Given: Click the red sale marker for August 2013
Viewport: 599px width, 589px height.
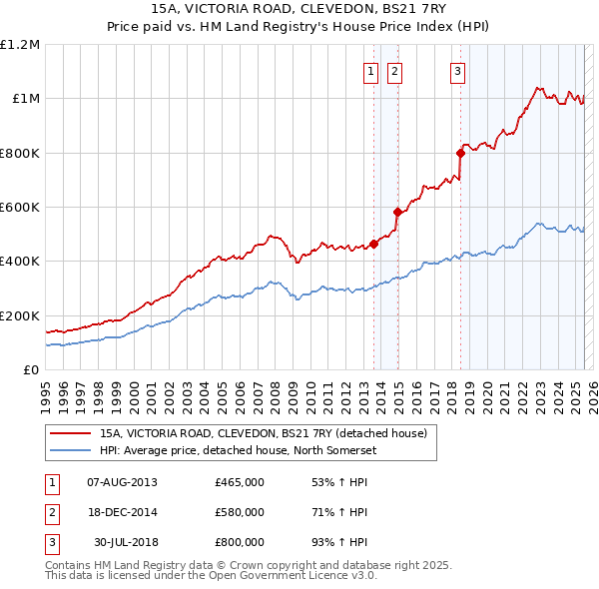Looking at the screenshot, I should click(373, 244).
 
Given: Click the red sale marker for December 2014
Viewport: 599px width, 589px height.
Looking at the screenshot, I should click(397, 212).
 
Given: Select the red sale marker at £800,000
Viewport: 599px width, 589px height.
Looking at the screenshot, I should click(461, 153).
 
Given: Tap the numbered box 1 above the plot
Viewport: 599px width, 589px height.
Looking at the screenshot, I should click(370, 71).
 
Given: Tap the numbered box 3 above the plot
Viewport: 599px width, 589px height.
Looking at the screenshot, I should click(457, 71).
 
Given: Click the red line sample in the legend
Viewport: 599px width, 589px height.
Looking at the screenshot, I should click(70, 433).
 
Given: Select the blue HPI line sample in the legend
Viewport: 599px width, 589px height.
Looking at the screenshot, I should click(70, 449).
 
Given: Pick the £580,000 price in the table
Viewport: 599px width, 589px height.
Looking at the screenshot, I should click(240, 512).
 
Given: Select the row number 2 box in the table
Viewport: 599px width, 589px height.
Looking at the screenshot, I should click(51, 512).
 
